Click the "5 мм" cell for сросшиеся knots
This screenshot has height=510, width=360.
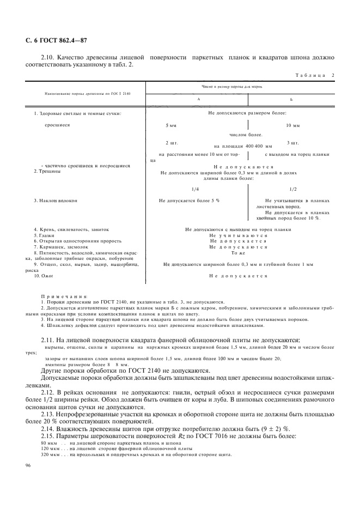pos(171,125)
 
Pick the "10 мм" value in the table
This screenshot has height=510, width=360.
pos(293,125)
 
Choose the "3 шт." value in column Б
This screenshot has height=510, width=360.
pos(293,143)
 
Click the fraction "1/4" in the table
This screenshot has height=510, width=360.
pos(180,189)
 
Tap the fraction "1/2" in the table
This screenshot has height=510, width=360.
pos(292,189)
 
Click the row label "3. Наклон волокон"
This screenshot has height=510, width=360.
pos(56,201)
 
